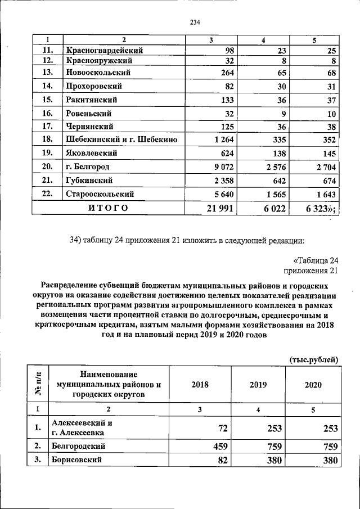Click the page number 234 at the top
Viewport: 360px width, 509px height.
click(x=195, y=22)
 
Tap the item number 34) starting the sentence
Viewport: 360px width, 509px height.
click(x=76, y=241)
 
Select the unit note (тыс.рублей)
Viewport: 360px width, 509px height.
click(x=314, y=359)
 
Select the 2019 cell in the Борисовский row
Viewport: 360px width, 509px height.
click(x=271, y=461)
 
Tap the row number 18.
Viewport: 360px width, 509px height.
click(x=48, y=139)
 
